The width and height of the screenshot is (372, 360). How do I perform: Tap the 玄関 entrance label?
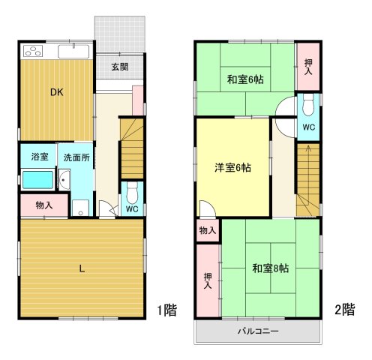(x=119, y=67)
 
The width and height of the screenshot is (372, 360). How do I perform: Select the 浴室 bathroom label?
(x=39, y=157)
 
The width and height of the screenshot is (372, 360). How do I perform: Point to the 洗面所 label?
(x=76, y=157)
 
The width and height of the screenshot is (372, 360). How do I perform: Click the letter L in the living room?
(x=81, y=268)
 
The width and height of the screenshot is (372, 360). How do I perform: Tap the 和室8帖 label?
(x=271, y=268)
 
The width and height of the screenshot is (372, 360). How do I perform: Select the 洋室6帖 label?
(x=232, y=168)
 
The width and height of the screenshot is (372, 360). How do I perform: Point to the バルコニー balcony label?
(x=259, y=331)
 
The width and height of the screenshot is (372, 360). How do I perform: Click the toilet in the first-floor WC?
(x=131, y=190)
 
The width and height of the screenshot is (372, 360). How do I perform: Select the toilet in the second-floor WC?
(x=308, y=109)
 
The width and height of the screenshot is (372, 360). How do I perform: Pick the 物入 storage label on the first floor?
(x=43, y=205)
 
